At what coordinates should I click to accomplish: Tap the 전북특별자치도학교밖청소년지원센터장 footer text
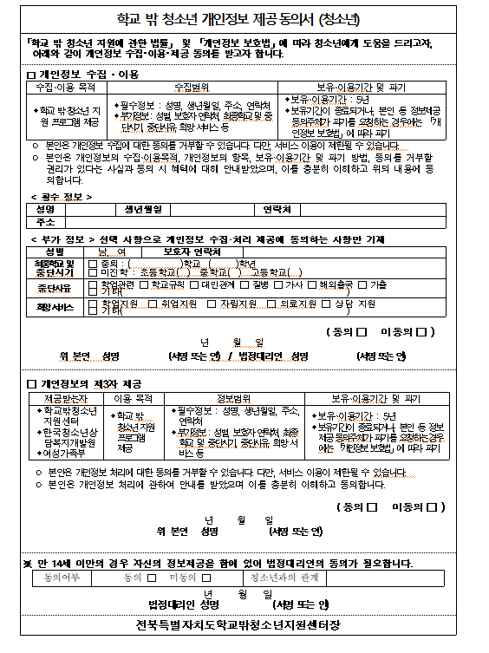244,625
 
